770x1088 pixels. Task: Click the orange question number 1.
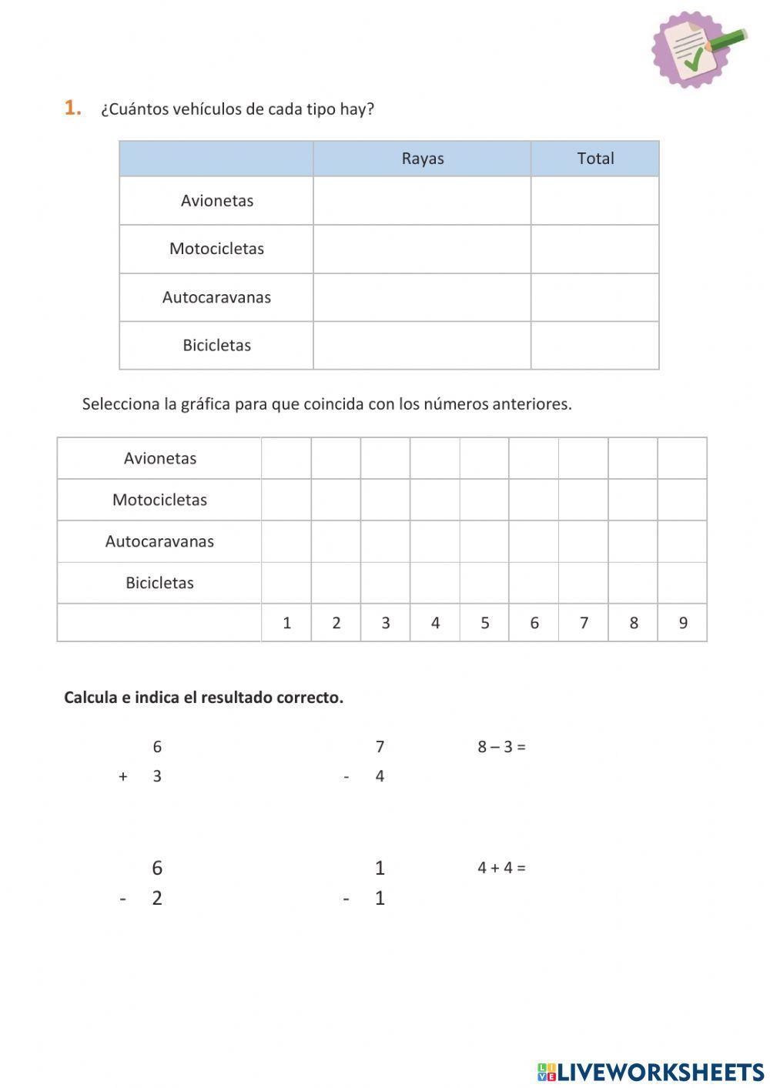coord(72,108)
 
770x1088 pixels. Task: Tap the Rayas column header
coord(422,159)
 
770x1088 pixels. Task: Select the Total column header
coord(595,159)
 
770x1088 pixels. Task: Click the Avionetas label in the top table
coord(217,201)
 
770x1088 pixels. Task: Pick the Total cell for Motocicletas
coord(594,249)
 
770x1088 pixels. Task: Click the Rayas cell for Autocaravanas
coord(421,297)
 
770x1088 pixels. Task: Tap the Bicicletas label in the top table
coord(217,345)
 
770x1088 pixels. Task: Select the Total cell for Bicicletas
coord(594,345)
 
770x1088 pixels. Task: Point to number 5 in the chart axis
coord(484,623)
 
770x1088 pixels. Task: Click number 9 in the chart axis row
coord(682,623)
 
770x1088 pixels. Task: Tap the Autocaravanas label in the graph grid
coord(159,541)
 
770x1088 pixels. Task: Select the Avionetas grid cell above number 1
coord(286,458)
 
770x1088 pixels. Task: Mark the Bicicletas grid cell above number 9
coord(682,583)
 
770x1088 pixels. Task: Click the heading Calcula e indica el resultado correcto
coord(203,698)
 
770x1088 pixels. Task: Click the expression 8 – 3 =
coord(501,747)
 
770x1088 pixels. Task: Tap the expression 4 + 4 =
coord(501,868)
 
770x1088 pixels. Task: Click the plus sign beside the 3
coord(123,776)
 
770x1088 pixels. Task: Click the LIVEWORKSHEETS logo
coord(651,1071)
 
